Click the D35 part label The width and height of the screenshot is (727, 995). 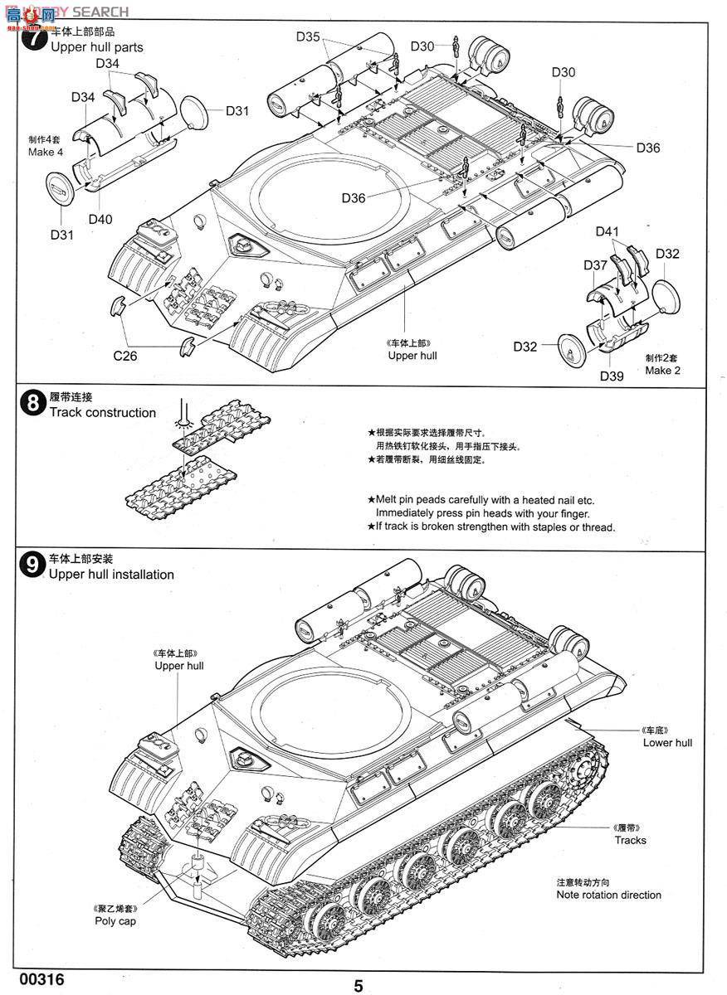click(307, 36)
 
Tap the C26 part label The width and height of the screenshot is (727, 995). click(126, 356)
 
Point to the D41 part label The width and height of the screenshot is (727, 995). click(607, 231)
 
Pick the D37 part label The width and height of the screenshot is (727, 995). click(595, 265)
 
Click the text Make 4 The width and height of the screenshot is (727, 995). click(46, 152)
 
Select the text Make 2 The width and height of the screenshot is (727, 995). click(663, 370)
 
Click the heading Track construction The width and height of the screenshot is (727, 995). click(103, 413)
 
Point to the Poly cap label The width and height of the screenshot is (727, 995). click(115, 921)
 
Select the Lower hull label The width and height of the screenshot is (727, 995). click(667, 743)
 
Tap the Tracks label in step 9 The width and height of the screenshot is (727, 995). click(631, 840)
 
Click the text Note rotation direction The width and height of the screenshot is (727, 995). click(609, 895)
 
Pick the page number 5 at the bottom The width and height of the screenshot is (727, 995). click(359, 986)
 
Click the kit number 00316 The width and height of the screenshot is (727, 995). click(33, 979)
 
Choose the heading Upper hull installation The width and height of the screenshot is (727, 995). click(111, 575)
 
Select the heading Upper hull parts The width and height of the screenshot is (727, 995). click(96, 47)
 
